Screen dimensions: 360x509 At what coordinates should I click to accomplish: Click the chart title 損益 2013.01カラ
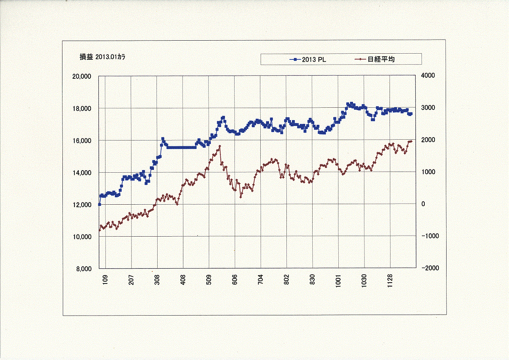103,57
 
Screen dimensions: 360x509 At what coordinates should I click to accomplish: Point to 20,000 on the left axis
82,76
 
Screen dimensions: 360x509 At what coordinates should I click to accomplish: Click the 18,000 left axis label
82,109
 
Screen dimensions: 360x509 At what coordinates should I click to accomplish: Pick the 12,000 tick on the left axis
82,205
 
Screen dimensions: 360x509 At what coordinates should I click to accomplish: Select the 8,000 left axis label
84,269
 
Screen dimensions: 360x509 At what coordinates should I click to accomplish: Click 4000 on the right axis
428,75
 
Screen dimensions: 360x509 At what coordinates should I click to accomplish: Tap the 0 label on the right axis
423,204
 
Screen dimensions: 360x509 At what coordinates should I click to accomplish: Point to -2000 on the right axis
430,268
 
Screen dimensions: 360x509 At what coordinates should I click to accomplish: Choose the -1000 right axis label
430,236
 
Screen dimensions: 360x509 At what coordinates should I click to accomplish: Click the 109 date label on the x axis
105,280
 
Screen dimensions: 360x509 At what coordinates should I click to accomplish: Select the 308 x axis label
157,280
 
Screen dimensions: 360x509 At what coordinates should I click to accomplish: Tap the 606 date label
235,280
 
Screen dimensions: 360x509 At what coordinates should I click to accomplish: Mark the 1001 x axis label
338,281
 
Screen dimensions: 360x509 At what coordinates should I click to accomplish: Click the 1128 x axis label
390,281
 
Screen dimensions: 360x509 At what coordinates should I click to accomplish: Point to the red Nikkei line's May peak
220,146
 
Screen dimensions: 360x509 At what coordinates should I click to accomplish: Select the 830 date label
313,280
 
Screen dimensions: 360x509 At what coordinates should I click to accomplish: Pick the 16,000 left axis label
82,140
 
